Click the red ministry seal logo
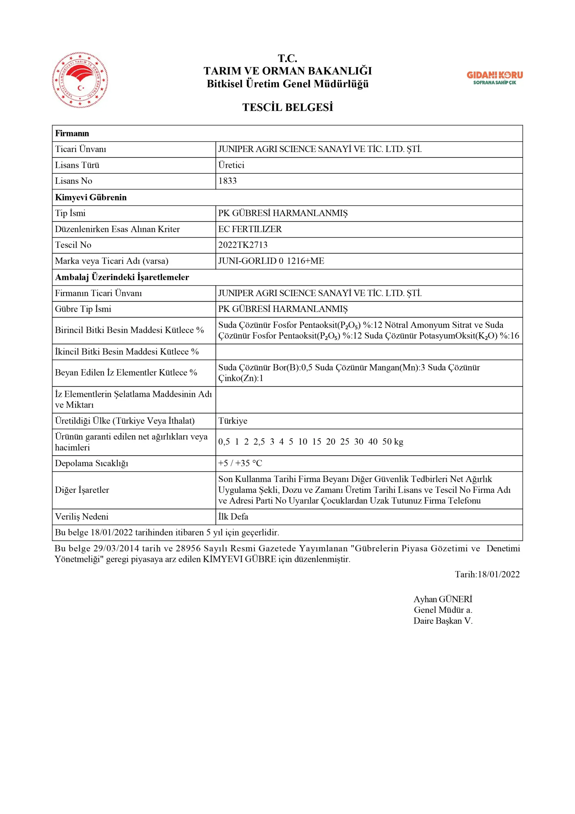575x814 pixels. (x=80, y=80)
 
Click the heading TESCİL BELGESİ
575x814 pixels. (x=287, y=107)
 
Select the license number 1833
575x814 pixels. (x=227, y=181)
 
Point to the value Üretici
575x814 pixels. (x=231, y=165)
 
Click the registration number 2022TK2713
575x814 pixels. (x=243, y=245)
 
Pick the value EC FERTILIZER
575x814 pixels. (x=250, y=229)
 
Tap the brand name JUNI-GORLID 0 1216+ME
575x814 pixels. (x=271, y=261)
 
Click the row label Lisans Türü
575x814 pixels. (x=77, y=165)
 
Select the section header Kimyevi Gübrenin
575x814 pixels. (x=91, y=197)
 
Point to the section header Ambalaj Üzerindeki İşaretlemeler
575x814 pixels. (x=122, y=277)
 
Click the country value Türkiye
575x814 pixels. (x=233, y=421)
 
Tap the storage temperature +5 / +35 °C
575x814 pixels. (x=240, y=463)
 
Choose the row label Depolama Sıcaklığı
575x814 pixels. (x=92, y=463)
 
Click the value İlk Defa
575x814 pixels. (x=233, y=517)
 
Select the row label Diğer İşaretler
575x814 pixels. (x=82, y=490)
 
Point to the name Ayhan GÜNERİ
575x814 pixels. (x=443, y=599)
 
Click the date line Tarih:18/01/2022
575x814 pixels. (x=487, y=574)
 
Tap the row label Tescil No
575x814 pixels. (x=73, y=245)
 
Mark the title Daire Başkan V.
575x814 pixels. (x=443, y=621)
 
